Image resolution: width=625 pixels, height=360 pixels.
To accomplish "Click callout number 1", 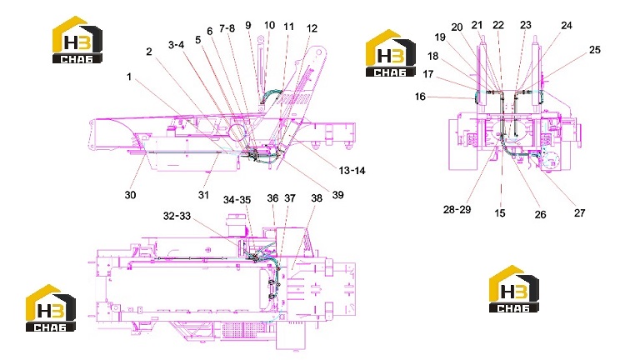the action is pos(129,77).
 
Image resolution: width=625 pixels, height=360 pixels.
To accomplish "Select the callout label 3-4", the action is pos(176,45).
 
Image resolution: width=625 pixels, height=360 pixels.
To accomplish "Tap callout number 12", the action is pos(312,28).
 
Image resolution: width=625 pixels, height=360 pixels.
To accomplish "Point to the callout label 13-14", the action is pos(352,171).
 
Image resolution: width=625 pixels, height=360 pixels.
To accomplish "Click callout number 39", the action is pos(338,194).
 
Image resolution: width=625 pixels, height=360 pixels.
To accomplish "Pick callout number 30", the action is pos(130,194).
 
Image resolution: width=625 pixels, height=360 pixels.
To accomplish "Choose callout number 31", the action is pos(203,194).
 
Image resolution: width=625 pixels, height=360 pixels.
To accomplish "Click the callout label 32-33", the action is pos(177,216).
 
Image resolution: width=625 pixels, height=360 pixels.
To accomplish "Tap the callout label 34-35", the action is pos(237,200).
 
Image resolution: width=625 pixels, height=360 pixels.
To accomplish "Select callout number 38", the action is pos(317,198).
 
